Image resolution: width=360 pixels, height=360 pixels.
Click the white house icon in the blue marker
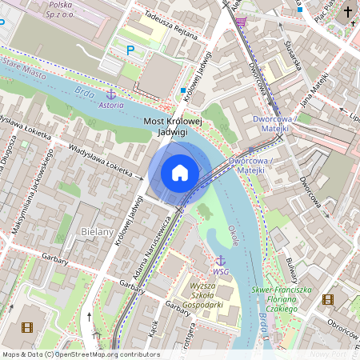tap(180, 173)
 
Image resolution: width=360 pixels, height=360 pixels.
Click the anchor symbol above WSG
tap(220, 261)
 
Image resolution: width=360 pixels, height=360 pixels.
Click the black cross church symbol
tap(347, 12)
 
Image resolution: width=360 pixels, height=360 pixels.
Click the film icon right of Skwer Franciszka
tap(327, 299)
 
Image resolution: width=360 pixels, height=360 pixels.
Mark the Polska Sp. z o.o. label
tap(61, 10)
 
